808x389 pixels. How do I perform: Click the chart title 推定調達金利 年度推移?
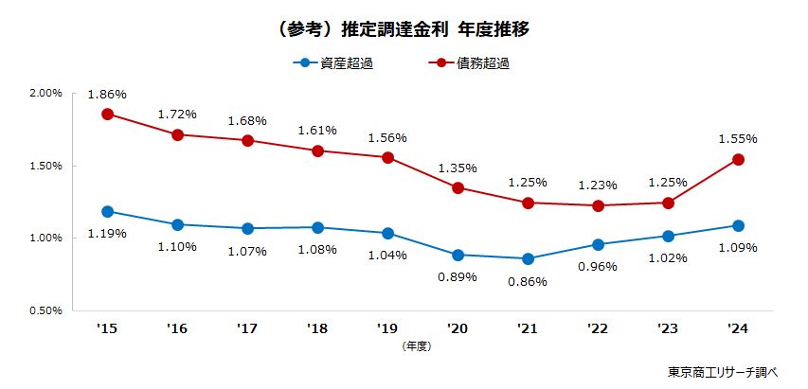tap(404, 29)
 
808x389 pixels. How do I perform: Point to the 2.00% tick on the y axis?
tap(45, 94)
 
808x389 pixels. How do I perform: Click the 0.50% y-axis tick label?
tap(45, 309)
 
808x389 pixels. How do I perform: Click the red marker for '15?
tap(107, 114)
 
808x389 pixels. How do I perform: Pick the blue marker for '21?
tap(528, 258)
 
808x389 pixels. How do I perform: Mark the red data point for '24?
tap(737, 159)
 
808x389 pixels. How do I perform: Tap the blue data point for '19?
tap(387, 233)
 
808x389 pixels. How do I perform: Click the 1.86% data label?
tap(107, 94)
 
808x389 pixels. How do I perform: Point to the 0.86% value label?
tap(528, 281)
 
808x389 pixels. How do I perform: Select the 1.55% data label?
tap(737, 138)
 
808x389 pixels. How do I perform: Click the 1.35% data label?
tap(458, 168)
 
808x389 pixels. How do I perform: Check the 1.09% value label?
tap(737, 248)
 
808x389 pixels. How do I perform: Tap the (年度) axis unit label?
tap(416, 346)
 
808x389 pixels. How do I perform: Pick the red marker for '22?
tap(598, 205)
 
